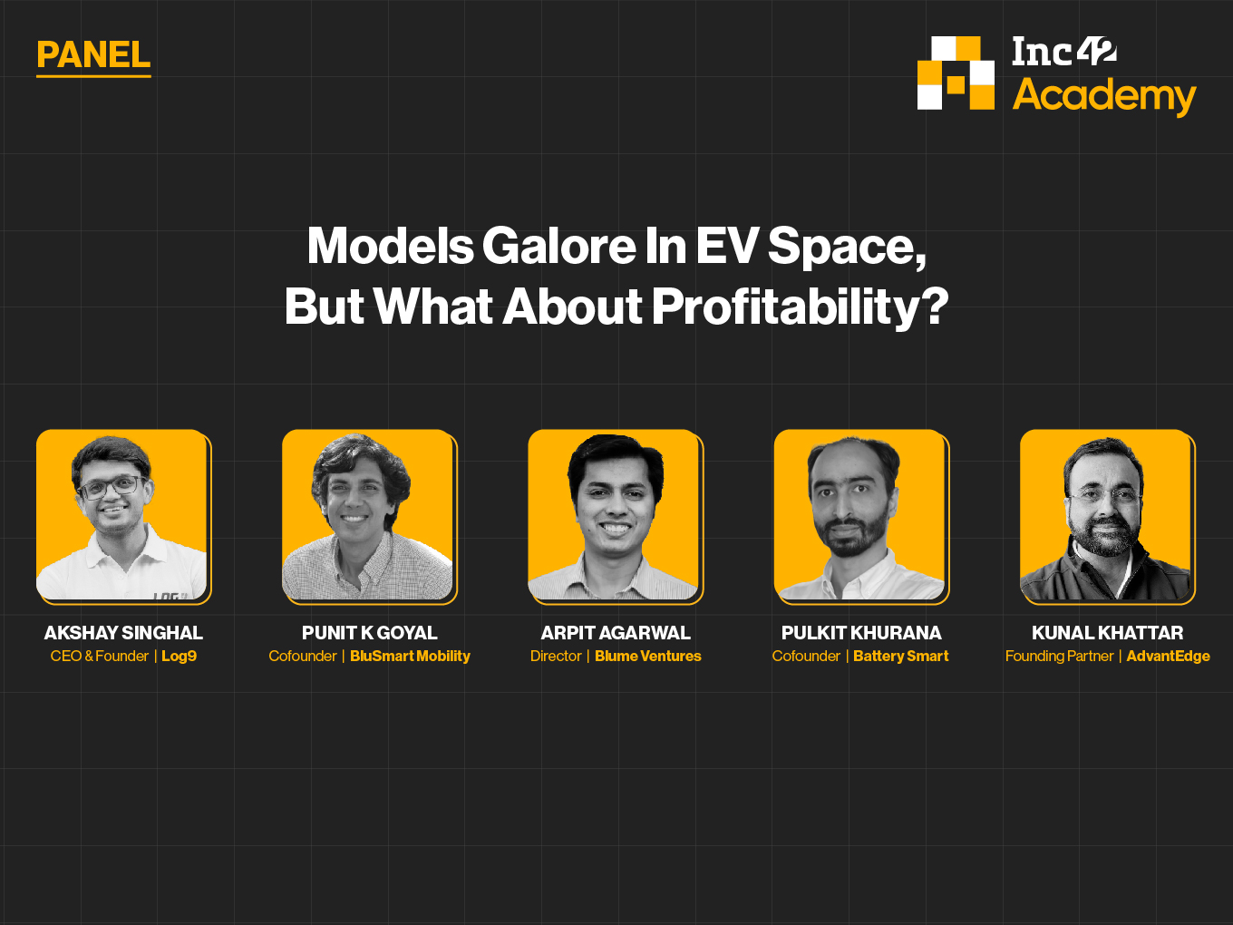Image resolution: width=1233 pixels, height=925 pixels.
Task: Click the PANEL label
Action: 93,55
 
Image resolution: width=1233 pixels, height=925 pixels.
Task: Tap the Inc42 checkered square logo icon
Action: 956,73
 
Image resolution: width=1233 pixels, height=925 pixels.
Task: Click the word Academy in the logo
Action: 1103,95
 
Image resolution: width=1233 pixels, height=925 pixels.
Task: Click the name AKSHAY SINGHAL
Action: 123,633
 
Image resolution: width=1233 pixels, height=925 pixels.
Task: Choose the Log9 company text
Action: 179,657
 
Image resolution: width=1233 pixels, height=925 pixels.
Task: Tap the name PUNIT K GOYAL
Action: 370,633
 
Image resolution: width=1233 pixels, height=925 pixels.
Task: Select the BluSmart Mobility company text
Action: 410,657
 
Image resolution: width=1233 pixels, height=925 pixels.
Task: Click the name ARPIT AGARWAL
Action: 616,633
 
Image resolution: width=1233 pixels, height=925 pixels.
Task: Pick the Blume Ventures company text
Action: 647,657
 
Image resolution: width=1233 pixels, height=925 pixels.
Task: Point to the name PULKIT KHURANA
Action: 861,633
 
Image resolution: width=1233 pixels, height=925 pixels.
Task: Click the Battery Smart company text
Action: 900,657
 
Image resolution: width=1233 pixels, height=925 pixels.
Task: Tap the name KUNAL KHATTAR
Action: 1107,633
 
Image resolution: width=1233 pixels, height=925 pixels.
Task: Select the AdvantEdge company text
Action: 1168,657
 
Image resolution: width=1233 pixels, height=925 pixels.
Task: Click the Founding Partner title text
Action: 1059,657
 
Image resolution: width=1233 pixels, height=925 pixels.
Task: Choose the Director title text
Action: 556,657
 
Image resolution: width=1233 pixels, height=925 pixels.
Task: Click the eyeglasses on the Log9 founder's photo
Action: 112,487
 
